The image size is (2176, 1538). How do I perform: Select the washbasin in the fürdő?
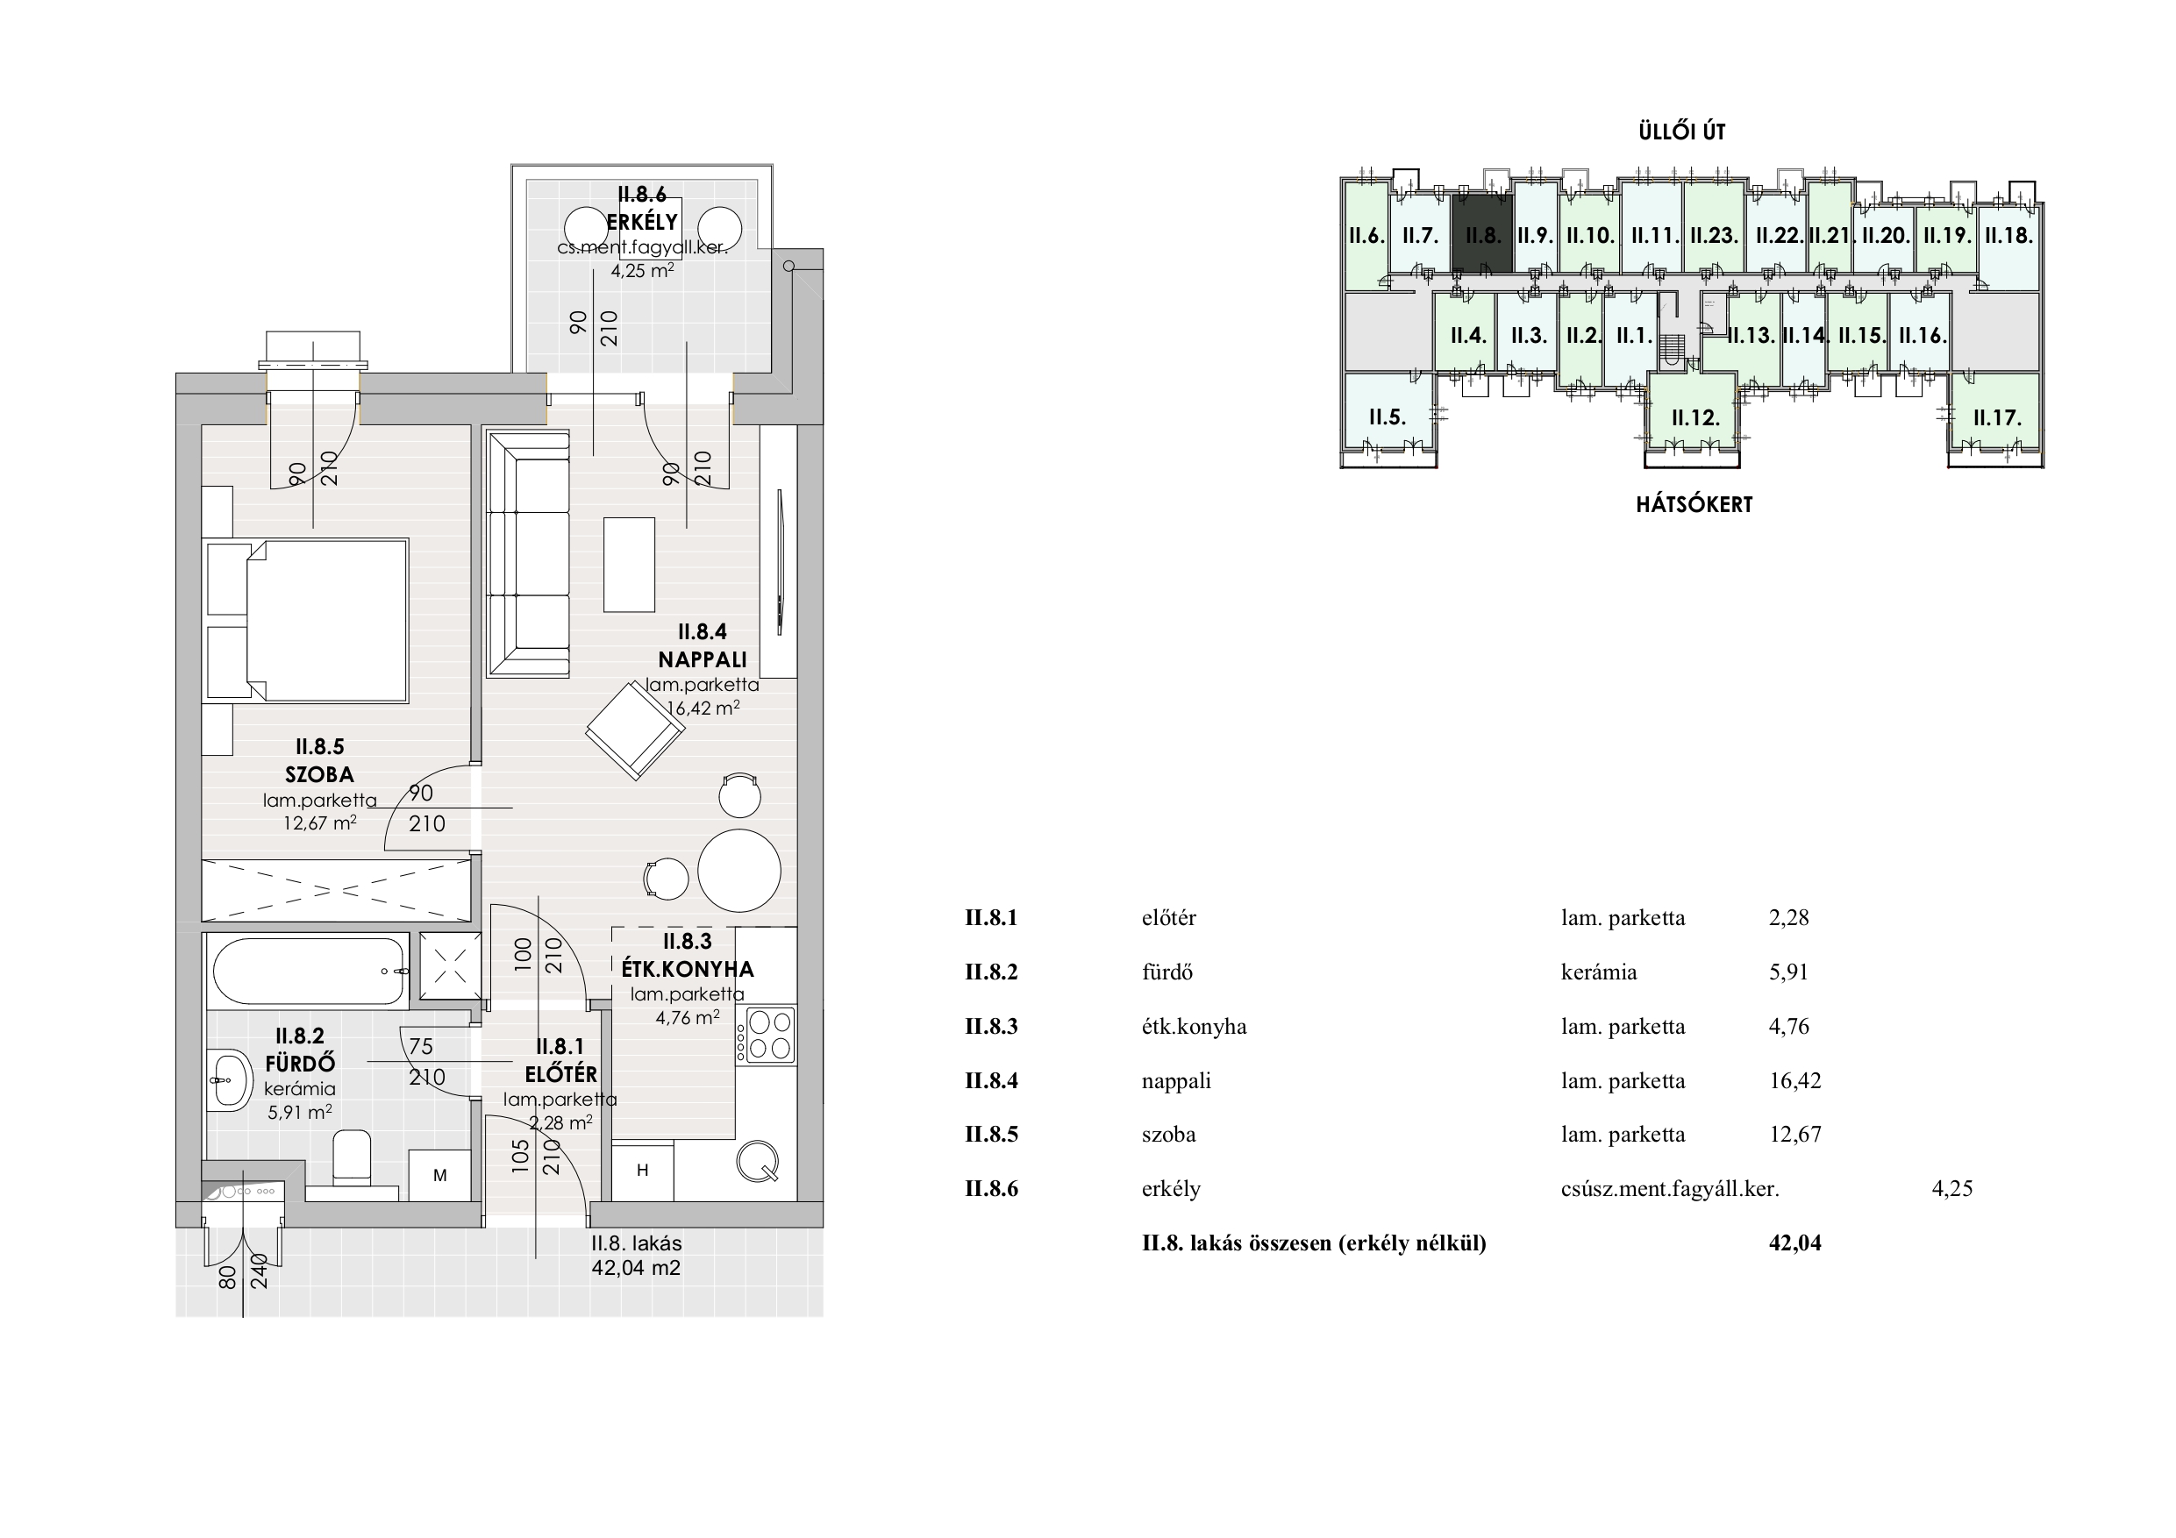(228, 1080)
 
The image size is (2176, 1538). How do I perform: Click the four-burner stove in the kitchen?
(769, 1035)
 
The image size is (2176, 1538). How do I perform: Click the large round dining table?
(739, 871)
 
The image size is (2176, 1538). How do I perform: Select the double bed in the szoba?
(305, 621)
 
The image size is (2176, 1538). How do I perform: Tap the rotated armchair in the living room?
(635, 730)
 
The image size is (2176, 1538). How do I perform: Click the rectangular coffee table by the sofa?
(630, 565)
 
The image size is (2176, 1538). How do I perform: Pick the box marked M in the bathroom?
(439, 1175)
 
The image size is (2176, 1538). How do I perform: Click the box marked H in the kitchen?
(643, 1171)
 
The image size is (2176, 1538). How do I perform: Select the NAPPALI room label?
(703, 659)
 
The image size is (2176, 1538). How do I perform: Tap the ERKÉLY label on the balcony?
(643, 222)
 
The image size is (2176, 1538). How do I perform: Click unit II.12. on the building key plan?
(1695, 418)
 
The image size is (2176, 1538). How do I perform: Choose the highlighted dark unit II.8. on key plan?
(1482, 234)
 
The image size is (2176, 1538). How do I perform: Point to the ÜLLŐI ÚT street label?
(1682, 132)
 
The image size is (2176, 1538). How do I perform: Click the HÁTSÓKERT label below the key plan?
(1694, 504)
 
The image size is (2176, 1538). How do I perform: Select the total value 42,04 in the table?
(1795, 1243)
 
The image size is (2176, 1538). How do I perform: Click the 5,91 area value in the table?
(1788, 972)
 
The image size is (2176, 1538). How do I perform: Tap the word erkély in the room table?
(1172, 1189)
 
